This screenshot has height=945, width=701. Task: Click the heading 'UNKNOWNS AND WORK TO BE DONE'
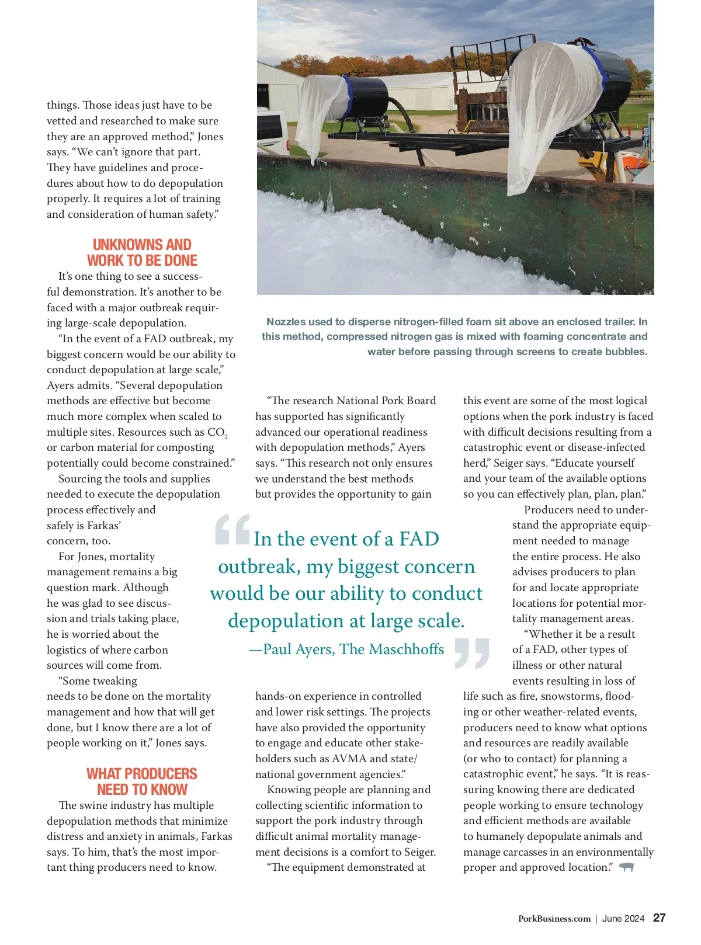[x=142, y=252]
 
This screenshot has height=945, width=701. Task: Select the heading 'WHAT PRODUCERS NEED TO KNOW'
[x=142, y=781]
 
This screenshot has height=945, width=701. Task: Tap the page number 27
[x=659, y=918]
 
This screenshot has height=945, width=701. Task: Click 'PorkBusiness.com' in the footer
[x=554, y=919]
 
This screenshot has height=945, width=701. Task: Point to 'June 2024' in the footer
[x=623, y=919]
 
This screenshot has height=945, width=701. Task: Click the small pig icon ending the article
[x=626, y=867]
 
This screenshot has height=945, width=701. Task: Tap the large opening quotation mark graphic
[x=232, y=529]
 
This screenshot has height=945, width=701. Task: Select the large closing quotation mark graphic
[x=471, y=653]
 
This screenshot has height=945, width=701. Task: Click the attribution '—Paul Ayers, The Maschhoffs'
[x=346, y=649]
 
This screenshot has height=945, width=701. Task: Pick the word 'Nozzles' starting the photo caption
[x=285, y=322]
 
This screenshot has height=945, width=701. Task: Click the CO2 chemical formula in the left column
[x=217, y=433]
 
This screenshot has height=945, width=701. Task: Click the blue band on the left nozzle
[x=348, y=96]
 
